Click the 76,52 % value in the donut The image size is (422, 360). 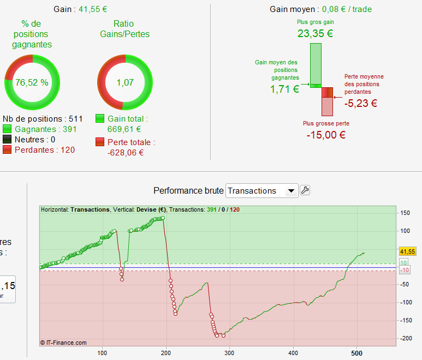click(32, 83)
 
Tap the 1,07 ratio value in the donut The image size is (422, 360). click(123, 83)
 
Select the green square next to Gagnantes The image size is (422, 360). click(8, 129)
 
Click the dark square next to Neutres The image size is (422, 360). click(8, 140)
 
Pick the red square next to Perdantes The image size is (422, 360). click(8, 150)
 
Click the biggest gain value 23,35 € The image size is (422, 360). click(315, 33)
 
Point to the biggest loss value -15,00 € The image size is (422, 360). click(326, 135)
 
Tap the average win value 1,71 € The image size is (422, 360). click(284, 89)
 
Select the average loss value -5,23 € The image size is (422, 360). click(361, 103)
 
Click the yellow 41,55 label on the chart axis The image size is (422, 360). click(408, 251)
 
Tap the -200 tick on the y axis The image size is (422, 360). click(405, 339)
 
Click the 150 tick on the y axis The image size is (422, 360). click(405, 213)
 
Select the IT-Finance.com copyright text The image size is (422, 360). click(63, 343)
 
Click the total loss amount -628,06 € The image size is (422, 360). click(126, 153)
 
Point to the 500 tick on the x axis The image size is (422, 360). click(358, 351)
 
